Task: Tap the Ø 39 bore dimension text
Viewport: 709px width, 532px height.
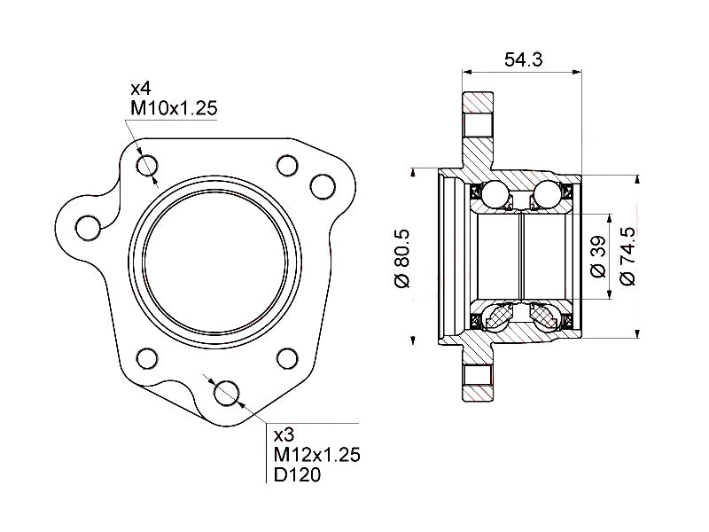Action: [x=597, y=258]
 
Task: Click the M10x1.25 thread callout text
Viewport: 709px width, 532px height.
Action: [x=174, y=108]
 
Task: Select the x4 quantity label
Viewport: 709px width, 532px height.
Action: [x=141, y=90]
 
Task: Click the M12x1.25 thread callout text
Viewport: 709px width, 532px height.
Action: [x=316, y=455]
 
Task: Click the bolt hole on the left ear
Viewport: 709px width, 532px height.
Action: [x=87, y=227]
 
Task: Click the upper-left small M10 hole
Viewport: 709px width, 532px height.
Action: [x=147, y=166]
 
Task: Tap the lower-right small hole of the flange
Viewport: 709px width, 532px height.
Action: [x=286, y=359]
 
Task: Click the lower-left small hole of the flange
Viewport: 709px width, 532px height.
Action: [x=147, y=359]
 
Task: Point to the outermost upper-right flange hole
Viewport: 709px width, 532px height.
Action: [x=322, y=186]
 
